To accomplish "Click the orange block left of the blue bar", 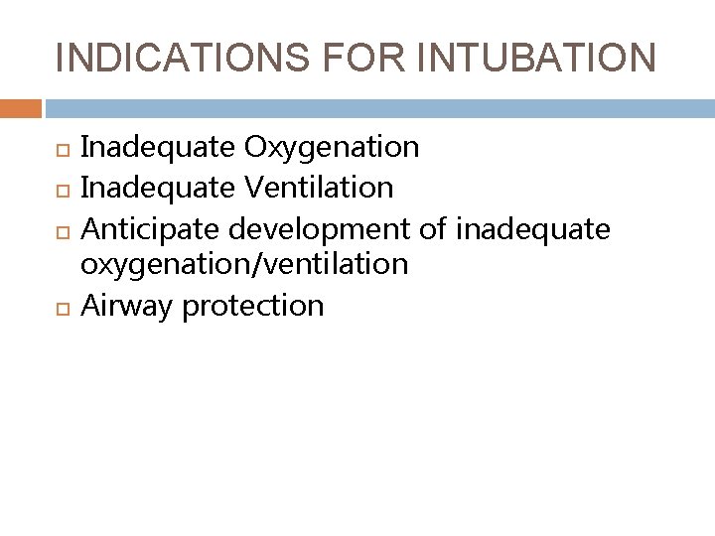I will pos(20,107).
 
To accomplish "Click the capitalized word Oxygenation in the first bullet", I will pos(332,148).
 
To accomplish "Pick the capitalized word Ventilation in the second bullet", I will pos(319,187).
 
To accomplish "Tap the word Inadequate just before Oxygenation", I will pos(158,148).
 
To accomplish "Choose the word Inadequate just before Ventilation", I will pos(158,187).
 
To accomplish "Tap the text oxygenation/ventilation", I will pos(244,265).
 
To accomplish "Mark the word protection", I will pos(254,305).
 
